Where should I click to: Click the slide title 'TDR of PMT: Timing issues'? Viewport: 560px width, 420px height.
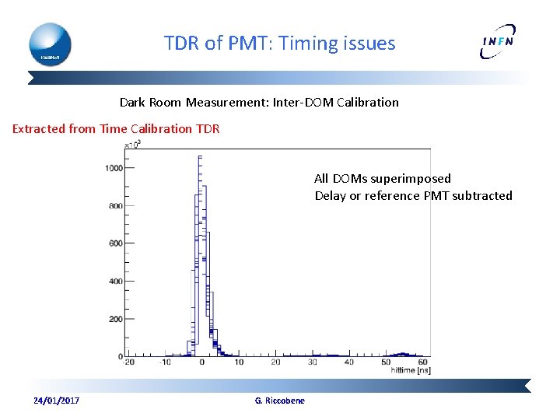(x=279, y=44)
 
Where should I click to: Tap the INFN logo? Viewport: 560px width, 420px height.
(x=497, y=44)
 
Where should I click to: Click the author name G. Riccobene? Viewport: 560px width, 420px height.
(x=280, y=401)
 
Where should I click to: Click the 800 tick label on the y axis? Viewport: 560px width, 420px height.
(x=114, y=206)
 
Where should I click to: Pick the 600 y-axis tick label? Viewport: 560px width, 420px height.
(x=114, y=243)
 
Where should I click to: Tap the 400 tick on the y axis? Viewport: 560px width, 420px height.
(x=114, y=281)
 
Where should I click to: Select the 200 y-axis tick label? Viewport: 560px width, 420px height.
(x=114, y=319)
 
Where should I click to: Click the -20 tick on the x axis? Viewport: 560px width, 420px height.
(x=128, y=362)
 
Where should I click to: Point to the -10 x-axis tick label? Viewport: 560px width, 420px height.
(x=165, y=362)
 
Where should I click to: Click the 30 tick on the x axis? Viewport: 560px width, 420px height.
(x=312, y=362)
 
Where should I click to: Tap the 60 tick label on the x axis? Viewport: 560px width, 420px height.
(x=422, y=362)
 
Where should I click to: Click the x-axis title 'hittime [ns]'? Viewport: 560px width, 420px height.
(x=410, y=371)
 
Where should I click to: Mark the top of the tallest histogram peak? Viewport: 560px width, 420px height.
(x=200, y=156)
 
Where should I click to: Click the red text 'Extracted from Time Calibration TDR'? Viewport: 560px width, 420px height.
(x=116, y=129)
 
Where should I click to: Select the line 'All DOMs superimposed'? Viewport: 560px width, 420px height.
(x=382, y=179)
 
